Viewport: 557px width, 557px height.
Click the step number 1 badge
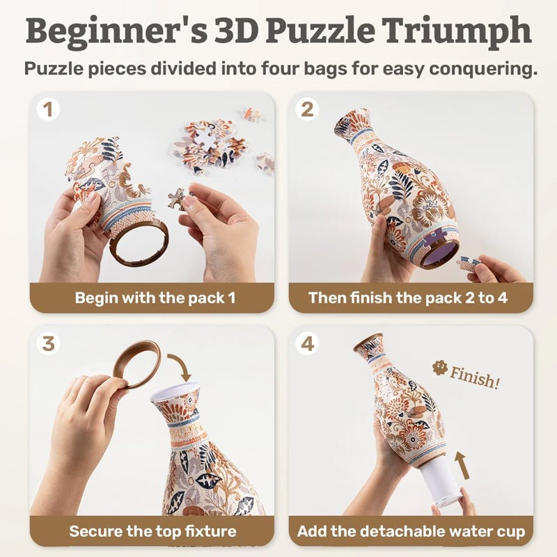tap(47, 109)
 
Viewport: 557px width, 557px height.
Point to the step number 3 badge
tap(47, 343)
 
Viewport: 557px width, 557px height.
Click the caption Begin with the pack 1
tap(155, 298)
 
